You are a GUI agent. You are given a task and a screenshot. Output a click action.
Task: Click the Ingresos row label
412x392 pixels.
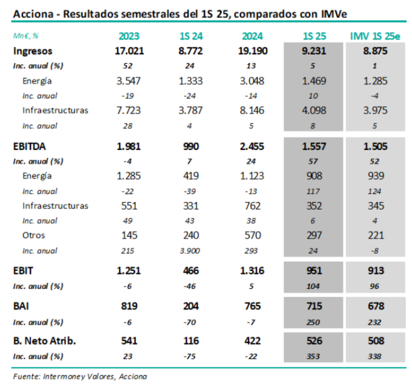(x=32, y=51)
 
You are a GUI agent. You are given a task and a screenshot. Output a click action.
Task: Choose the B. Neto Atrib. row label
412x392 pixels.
(x=42, y=340)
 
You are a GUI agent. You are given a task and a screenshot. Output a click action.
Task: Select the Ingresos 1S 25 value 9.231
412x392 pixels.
(x=313, y=51)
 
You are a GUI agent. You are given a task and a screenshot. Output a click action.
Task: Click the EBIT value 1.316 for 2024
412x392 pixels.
(x=252, y=270)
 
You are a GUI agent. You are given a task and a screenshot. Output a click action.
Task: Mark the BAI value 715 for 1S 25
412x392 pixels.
(x=313, y=306)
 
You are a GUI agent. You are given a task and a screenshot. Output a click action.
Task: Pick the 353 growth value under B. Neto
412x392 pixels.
(x=313, y=355)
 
